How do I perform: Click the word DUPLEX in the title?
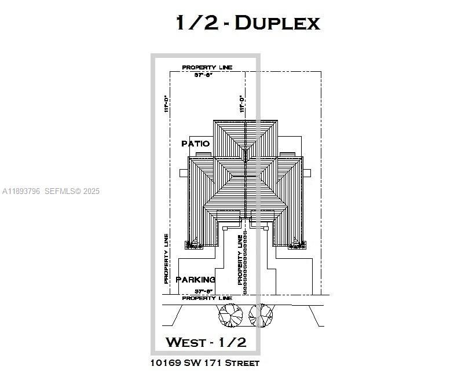(277, 23)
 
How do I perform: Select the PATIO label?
(195, 144)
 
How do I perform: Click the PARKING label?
(195, 280)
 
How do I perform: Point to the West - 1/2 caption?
(206, 342)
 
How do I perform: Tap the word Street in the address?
(243, 363)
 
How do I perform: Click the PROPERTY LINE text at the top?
(207, 68)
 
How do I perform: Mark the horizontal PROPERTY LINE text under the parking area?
(207, 298)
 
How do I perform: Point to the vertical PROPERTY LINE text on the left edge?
(166, 259)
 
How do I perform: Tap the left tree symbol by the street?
(230, 314)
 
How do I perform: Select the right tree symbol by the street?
(261, 314)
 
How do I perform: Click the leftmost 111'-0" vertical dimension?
(166, 104)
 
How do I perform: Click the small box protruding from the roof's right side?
(308, 173)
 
